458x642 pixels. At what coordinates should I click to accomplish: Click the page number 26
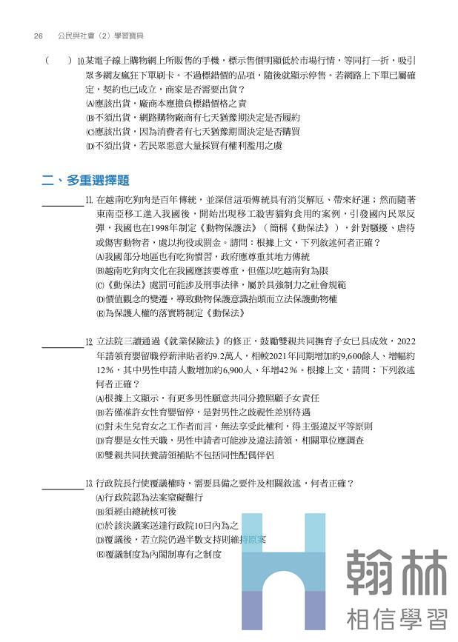click(x=39, y=35)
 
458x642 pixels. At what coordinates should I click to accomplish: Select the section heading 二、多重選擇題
click(x=86, y=180)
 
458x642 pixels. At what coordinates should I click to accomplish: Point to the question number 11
click(x=89, y=201)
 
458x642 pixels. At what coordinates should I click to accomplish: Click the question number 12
click(x=89, y=341)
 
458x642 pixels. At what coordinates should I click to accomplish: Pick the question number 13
click(x=89, y=483)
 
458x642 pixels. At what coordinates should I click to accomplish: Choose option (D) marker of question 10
click(x=90, y=146)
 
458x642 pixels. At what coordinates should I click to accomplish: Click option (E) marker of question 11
click(x=100, y=313)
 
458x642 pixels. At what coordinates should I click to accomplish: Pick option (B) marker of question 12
click(x=100, y=412)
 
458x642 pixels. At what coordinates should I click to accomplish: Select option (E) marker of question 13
click(x=100, y=553)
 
